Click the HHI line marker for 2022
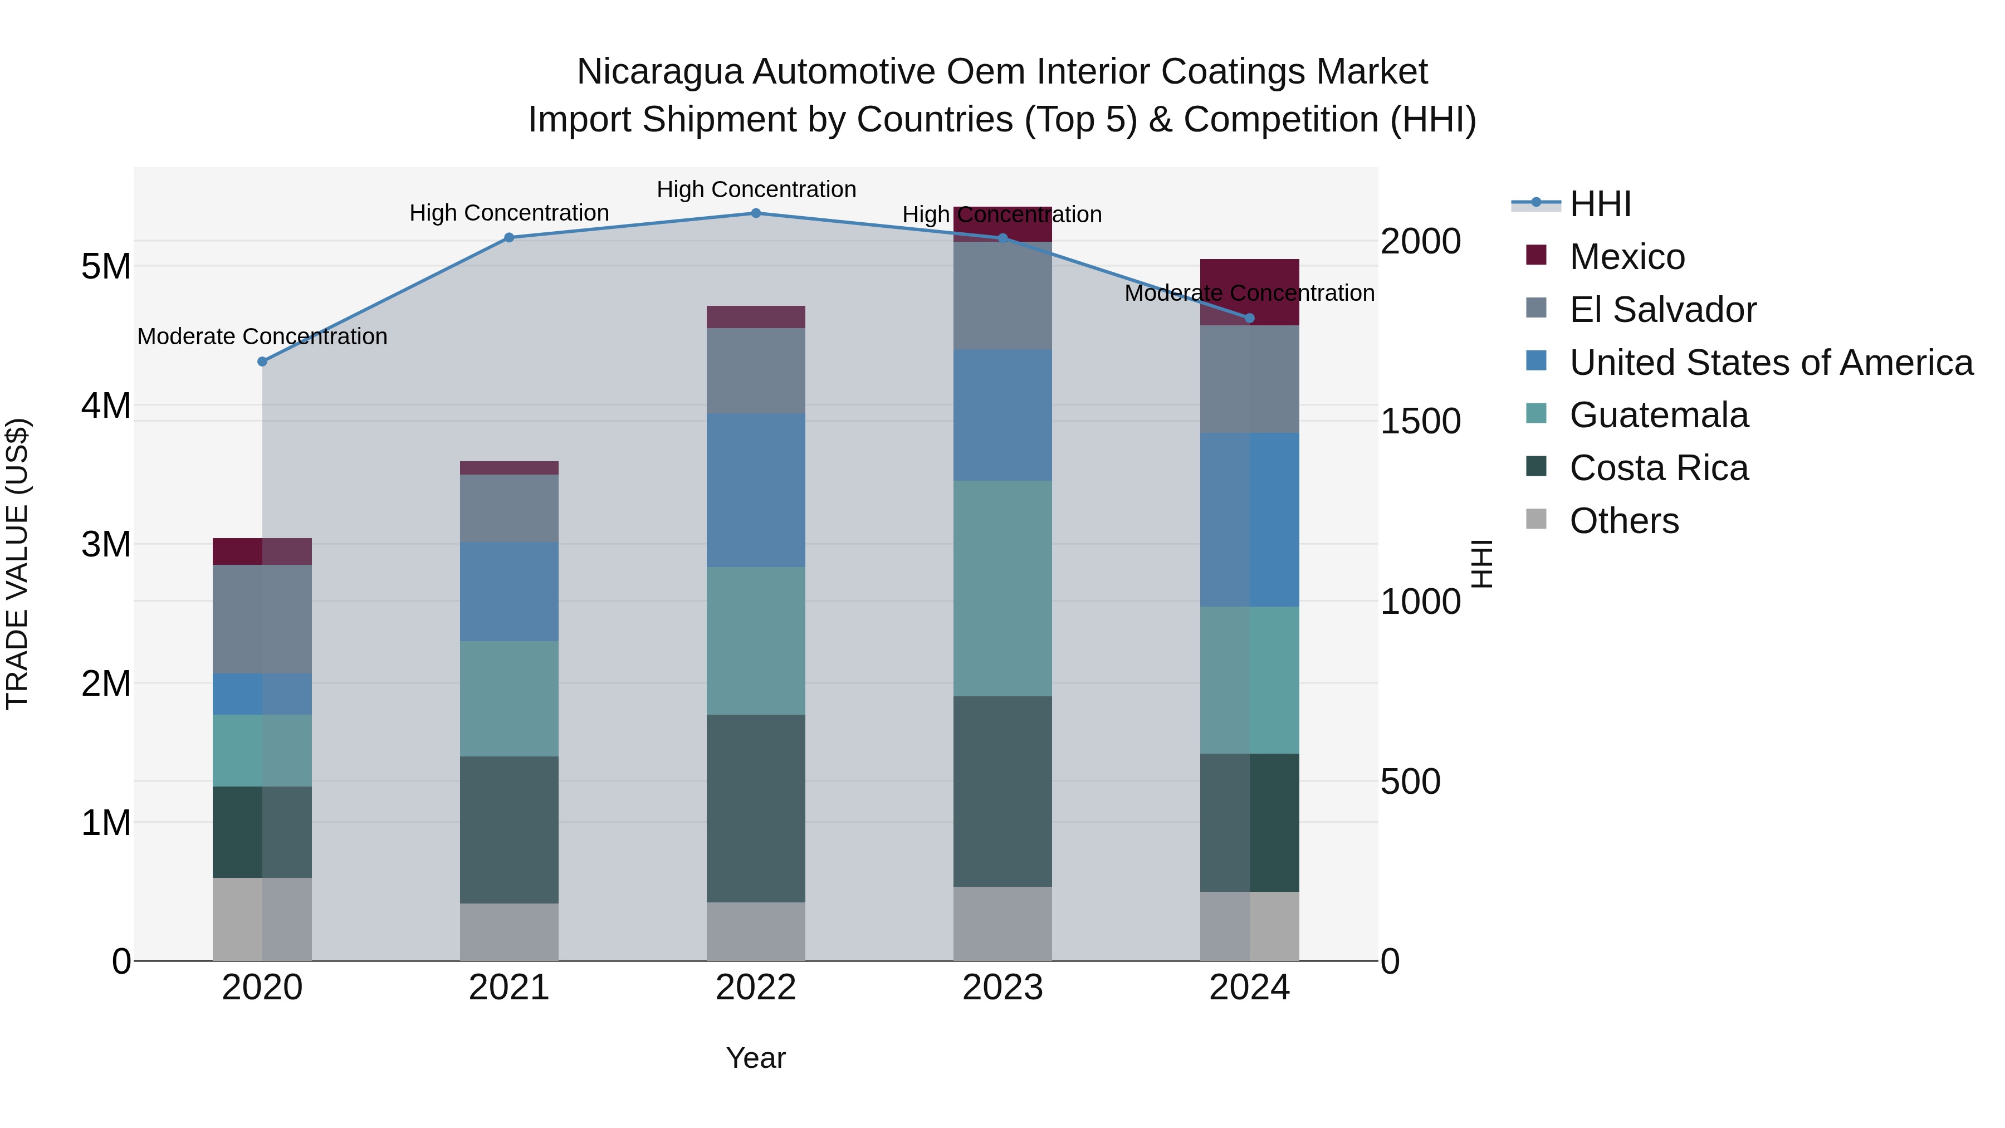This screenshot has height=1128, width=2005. (x=755, y=213)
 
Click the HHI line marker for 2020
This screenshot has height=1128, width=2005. (x=262, y=361)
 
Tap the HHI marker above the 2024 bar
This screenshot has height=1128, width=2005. (x=1249, y=318)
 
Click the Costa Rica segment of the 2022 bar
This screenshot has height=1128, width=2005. (x=755, y=808)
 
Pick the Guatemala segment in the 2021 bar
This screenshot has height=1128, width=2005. (x=508, y=699)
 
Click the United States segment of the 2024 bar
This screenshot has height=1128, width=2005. (x=1249, y=519)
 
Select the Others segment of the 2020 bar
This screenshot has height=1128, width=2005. (x=262, y=919)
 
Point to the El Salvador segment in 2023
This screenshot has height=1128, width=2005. (x=1002, y=296)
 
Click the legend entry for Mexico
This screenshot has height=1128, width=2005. (x=1627, y=257)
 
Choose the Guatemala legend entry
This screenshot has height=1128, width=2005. (x=1658, y=415)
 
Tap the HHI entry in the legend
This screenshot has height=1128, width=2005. (x=1600, y=204)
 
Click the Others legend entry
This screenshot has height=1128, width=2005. (x=1623, y=521)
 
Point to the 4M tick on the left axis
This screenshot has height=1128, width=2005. (x=106, y=406)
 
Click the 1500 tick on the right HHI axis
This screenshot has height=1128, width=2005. (x=1420, y=421)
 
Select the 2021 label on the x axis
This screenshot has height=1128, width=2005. (x=508, y=988)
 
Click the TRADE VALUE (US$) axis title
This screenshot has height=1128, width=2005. (x=17, y=564)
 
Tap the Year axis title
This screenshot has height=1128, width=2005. (x=755, y=1058)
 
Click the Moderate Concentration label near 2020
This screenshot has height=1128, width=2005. (x=262, y=336)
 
